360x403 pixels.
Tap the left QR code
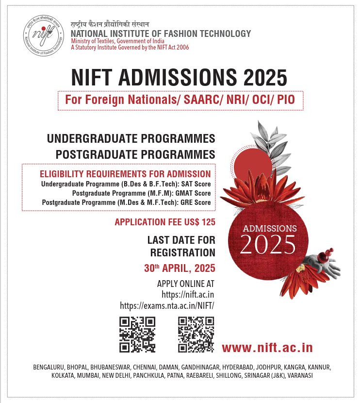click(x=137, y=334)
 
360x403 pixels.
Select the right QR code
click(x=196, y=334)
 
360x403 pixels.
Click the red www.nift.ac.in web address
click(x=267, y=348)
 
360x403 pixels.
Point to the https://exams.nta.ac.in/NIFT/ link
click(x=167, y=305)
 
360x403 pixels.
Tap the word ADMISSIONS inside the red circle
click(x=270, y=228)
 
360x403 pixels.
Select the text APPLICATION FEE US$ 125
click(x=165, y=222)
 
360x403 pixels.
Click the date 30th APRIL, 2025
click(x=180, y=268)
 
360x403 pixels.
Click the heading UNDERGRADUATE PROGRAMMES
click(x=131, y=139)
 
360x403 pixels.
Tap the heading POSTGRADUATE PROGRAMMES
click(x=135, y=154)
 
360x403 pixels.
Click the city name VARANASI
click(x=299, y=376)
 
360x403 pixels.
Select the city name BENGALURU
click(x=49, y=367)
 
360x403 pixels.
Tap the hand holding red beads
click(x=320, y=265)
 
